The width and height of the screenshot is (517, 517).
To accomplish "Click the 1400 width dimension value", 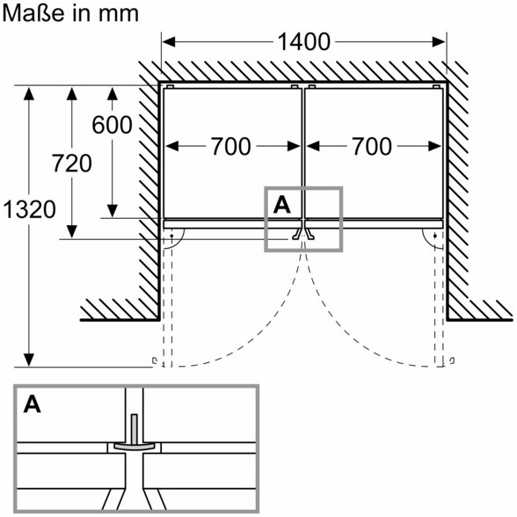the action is pos(303,42).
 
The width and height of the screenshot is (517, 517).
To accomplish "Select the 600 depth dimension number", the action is pos(113,125).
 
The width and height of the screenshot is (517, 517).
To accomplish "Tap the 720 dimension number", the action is pos(72,164).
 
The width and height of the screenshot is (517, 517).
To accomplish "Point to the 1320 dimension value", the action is pos(29,209).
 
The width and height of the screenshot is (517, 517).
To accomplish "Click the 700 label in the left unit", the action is pos(230,146).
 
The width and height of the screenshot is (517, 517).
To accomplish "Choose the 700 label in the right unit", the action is pos(372,146).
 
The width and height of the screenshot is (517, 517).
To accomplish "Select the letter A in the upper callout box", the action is pos(282,205).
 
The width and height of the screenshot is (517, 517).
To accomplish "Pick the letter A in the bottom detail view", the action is pos(33,404).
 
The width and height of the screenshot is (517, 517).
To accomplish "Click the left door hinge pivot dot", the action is pos(171,236).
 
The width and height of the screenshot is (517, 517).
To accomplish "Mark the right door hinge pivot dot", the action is pos(435,236).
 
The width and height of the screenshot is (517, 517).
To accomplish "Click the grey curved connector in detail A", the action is pos(135,446).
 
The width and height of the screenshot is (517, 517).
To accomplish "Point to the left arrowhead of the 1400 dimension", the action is pos(168,42).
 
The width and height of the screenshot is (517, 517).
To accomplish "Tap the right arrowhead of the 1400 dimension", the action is pos(439,42).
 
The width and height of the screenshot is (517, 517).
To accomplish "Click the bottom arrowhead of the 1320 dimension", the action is pos(29,360).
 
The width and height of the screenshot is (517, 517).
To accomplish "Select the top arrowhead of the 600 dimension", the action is pos(113,94).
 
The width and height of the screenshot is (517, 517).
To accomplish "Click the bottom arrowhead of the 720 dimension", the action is pos(72,231).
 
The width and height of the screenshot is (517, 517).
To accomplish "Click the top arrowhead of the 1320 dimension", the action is pos(29,94).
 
